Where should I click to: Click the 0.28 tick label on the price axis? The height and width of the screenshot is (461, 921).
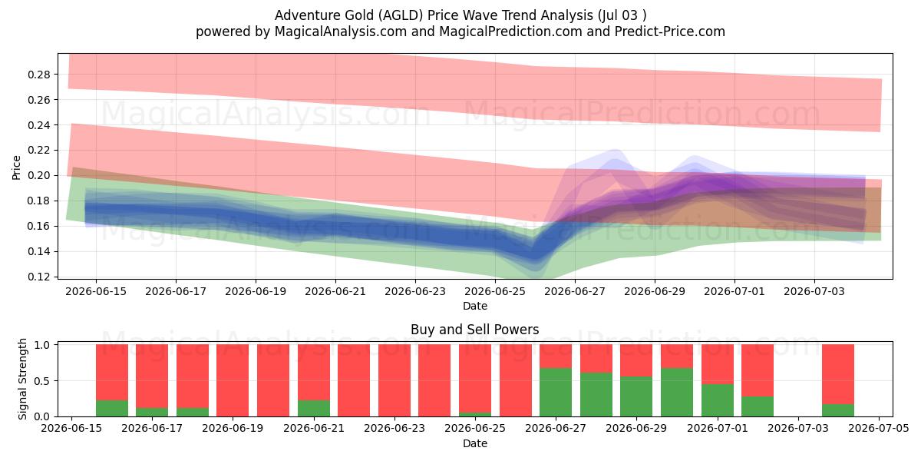[x=38, y=75]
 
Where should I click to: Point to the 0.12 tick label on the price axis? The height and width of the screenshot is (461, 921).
[x=38, y=277]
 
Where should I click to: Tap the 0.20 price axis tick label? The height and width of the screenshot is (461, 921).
[x=38, y=175]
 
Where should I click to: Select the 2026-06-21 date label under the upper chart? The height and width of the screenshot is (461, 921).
[x=335, y=291]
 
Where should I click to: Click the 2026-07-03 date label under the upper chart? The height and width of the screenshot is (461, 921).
[x=814, y=291]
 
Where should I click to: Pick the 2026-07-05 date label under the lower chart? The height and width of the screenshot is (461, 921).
[x=879, y=428]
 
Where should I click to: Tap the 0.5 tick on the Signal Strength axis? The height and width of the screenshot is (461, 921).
[x=42, y=381]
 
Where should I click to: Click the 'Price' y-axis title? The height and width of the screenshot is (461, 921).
[x=16, y=168]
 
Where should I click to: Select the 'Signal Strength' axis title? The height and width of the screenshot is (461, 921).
[x=22, y=379]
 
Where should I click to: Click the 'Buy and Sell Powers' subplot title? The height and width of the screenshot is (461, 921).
[x=475, y=330]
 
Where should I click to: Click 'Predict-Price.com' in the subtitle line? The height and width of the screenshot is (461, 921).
[x=670, y=32]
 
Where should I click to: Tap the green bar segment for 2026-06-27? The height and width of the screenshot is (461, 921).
[x=556, y=393]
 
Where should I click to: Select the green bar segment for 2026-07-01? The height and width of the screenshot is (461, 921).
[x=718, y=400]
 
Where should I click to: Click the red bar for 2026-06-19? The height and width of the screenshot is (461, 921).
[x=233, y=381]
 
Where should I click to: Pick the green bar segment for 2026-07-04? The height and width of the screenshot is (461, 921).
[x=838, y=410]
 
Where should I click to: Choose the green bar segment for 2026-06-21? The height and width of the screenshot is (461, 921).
[x=314, y=408]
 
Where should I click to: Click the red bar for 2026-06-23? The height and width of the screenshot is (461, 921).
[x=394, y=381]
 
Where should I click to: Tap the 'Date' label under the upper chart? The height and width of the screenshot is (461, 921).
[x=475, y=307]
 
